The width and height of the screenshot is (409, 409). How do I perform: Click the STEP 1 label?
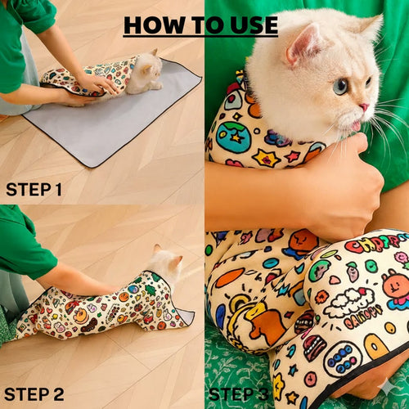pyautogui.click(x=34, y=190)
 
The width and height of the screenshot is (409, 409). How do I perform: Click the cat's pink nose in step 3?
pyautogui.click(x=363, y=107)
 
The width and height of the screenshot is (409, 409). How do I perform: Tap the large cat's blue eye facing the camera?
pyautogui.click(x=339, y=85)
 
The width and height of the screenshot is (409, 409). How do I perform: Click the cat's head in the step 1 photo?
pyautogui.click(x=146, y=69)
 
